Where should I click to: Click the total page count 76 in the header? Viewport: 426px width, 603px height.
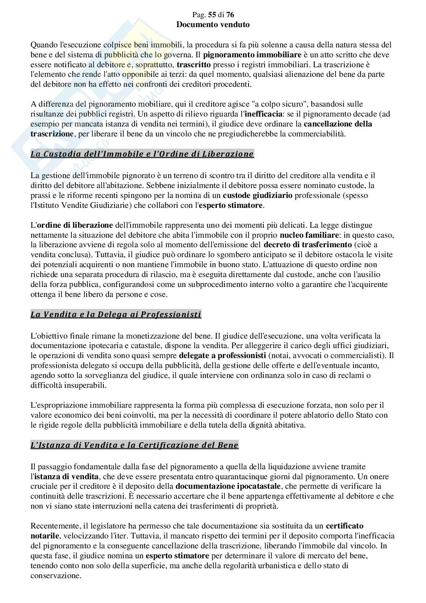click(230, 15)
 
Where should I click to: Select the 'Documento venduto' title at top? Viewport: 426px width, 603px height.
click(213, 25)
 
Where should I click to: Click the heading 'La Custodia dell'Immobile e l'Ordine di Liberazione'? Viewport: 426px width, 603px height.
click(142, 154)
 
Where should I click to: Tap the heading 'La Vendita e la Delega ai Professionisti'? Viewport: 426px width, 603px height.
click(116, 315)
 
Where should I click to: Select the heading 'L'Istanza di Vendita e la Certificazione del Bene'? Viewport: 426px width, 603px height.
click(134, 445)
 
